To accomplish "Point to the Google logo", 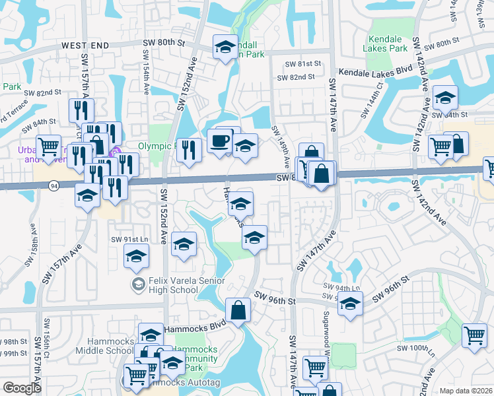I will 22,388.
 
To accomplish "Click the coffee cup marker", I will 220,141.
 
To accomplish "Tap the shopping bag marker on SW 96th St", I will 238,310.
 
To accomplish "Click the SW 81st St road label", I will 302,64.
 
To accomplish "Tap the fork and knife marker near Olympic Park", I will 190,150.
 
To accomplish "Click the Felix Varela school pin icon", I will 138,284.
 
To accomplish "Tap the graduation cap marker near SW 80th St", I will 225,47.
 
